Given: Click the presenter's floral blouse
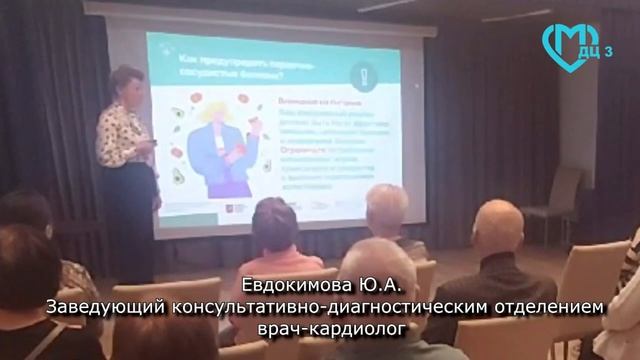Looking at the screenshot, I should (x=124, y=135).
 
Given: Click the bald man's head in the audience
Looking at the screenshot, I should (x=497, y=227).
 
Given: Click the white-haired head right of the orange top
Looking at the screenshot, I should (x=386, y=207).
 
